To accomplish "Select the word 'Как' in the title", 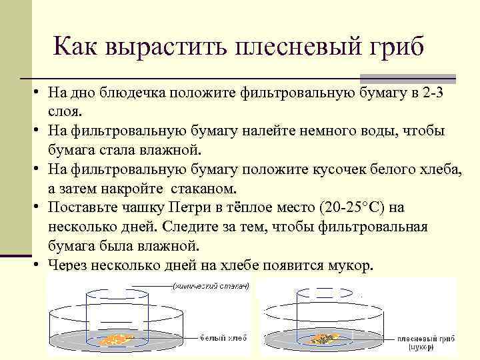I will coord(75,48).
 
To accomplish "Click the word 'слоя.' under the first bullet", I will coord(65,110).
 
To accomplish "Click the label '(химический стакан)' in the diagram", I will coord(211,287).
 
